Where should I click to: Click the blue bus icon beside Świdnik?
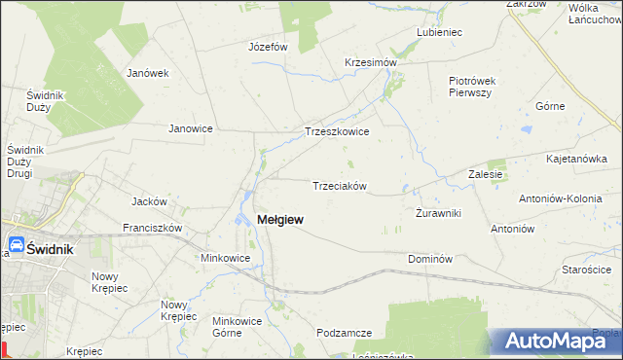(x=18, y=245)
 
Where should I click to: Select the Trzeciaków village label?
(x=338, y=186)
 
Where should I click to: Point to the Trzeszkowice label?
(x=337, y=131)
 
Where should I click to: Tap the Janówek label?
(x=148, y=73)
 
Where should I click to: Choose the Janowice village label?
(x=191, y=127)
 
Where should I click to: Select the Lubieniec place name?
(x=438, y=32)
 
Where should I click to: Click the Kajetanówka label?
(x=577, y=158)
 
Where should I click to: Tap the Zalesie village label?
(x=485, y=174)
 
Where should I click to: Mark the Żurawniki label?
(x=438, y=212)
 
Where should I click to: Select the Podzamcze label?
(x=345, y=333)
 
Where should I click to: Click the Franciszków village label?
(x=153, y=228)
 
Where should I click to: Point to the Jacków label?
(x=150, y=201)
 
